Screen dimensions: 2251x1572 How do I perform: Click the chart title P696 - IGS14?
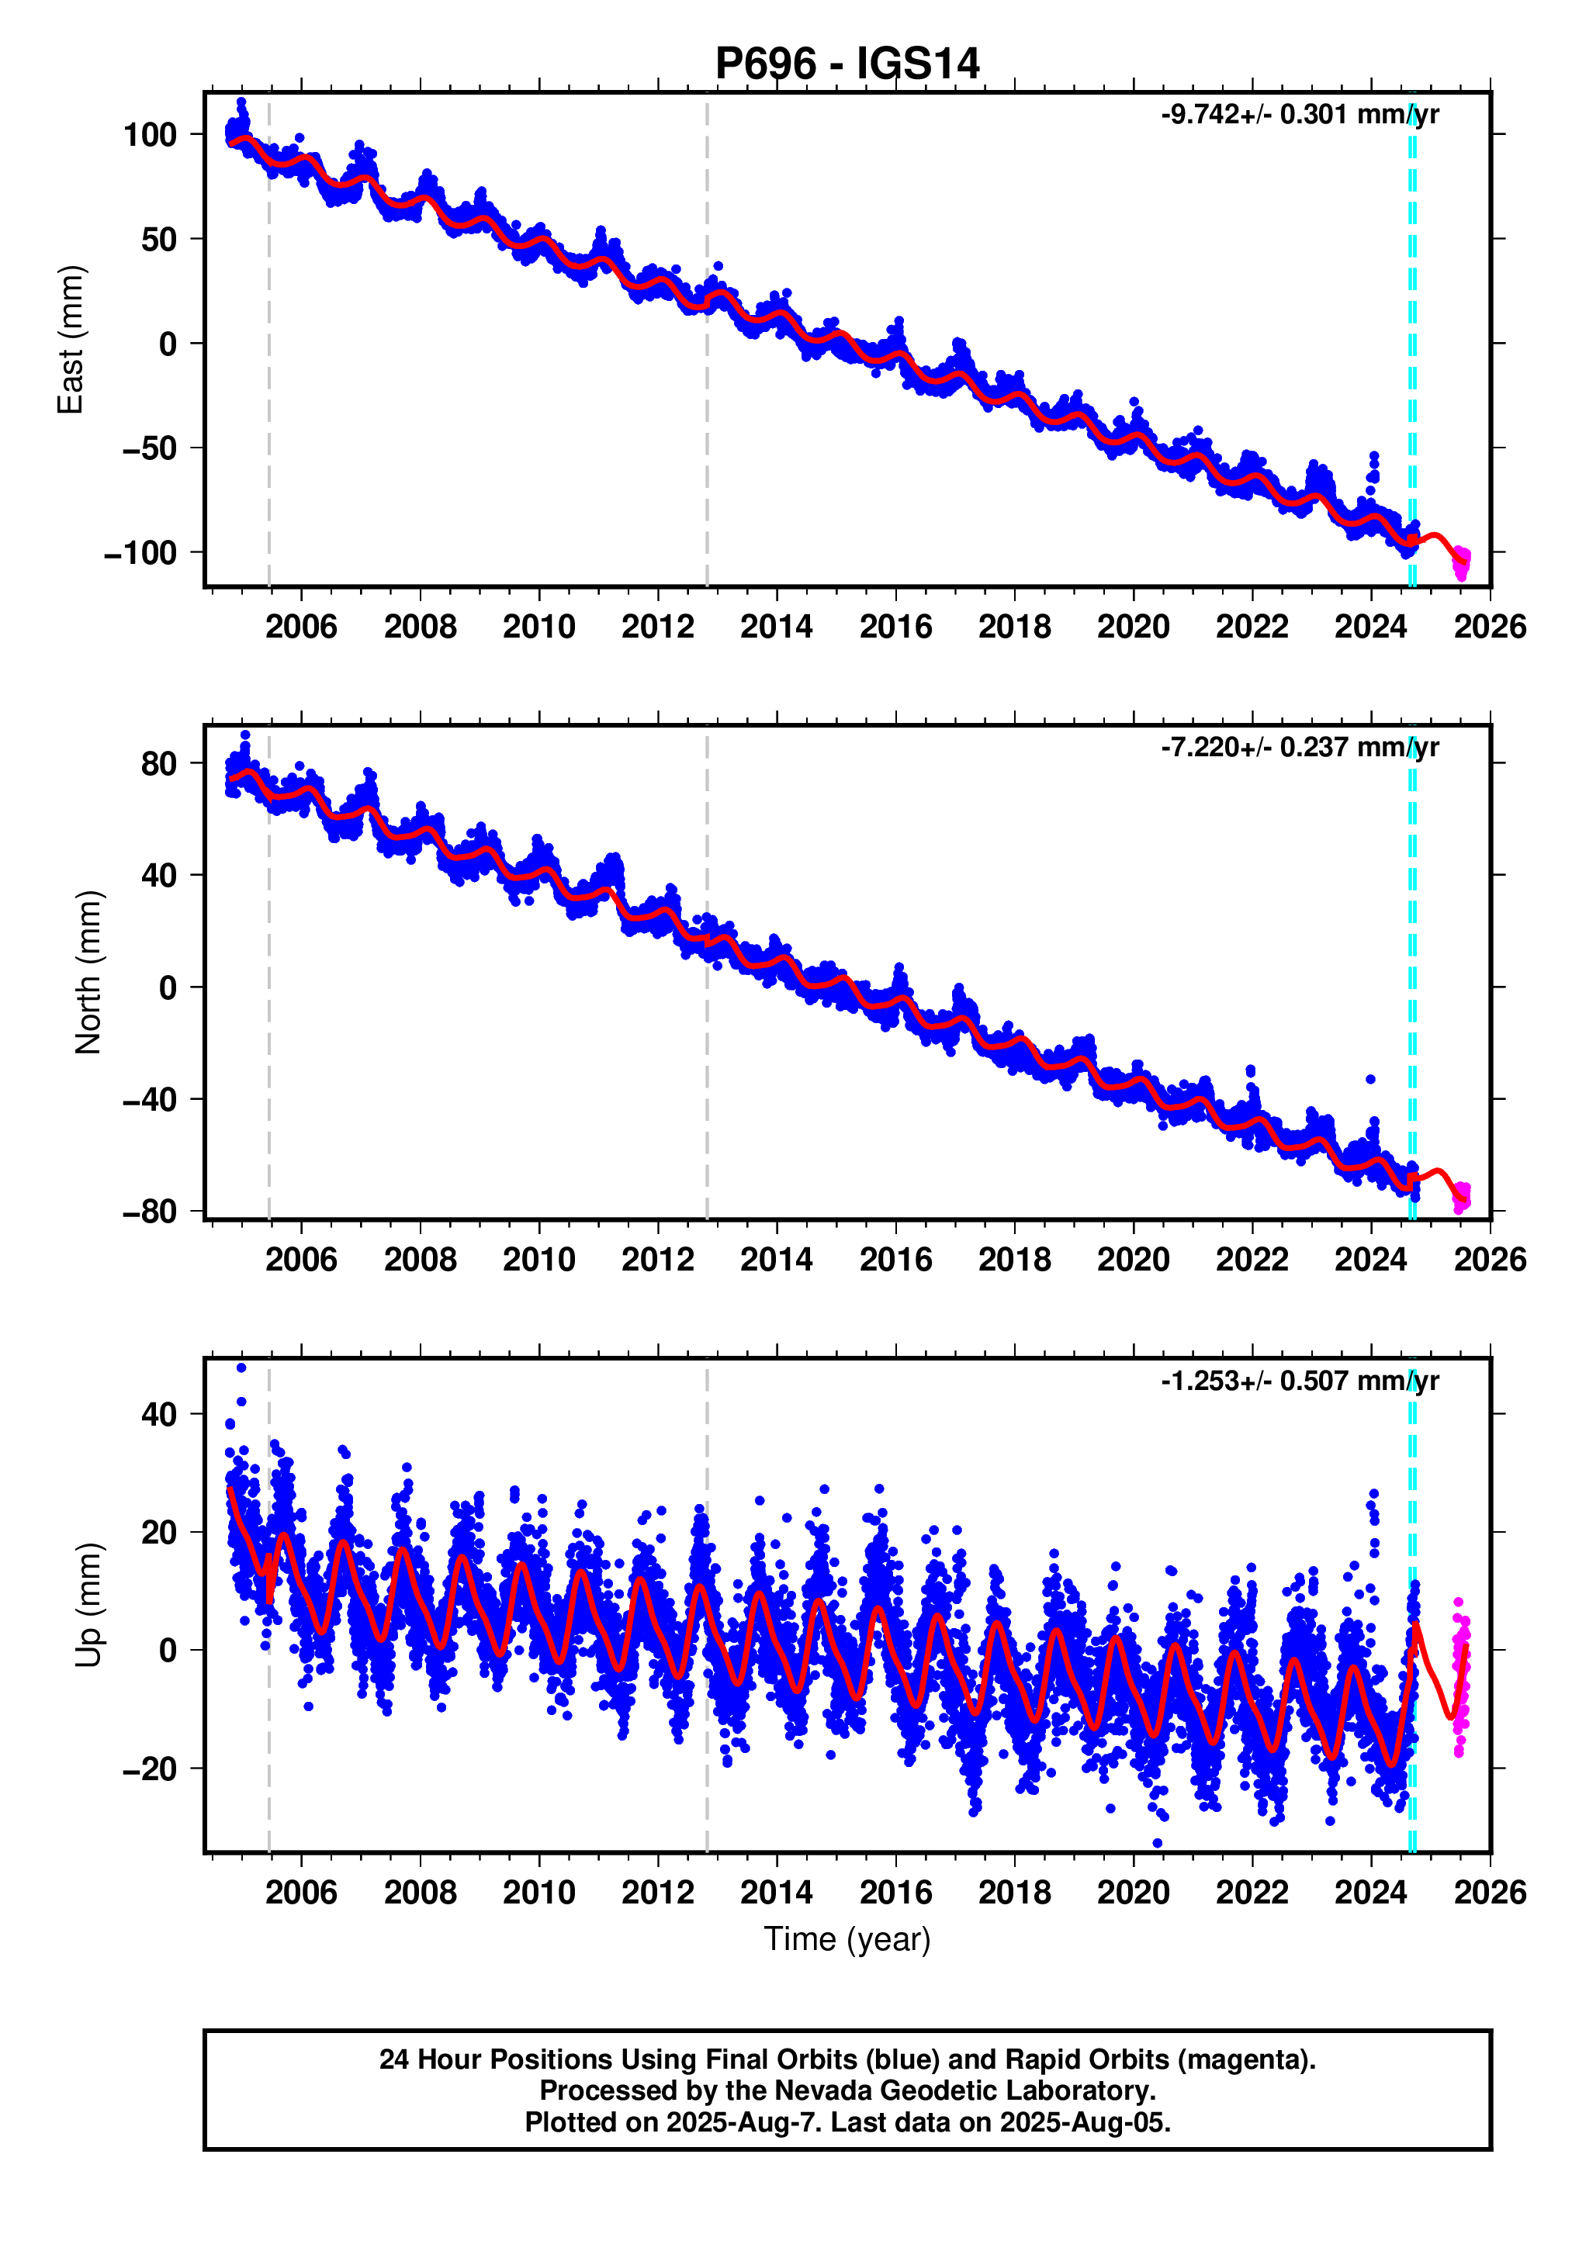847,64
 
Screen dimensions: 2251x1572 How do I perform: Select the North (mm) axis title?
88,972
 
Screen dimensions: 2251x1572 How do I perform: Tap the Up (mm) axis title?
88,1604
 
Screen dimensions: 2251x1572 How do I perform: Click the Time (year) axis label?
847,1938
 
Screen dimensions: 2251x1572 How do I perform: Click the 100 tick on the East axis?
149,134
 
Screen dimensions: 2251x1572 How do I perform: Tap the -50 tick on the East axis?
149,449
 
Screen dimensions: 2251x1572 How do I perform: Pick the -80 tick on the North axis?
149,1212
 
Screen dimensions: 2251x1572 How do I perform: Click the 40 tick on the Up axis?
159,1414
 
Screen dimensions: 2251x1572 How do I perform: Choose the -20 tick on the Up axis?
149,1769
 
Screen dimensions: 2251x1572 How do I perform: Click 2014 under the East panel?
776,627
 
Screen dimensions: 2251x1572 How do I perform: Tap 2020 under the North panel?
1133,1259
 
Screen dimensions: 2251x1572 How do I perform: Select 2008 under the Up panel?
420,1891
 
